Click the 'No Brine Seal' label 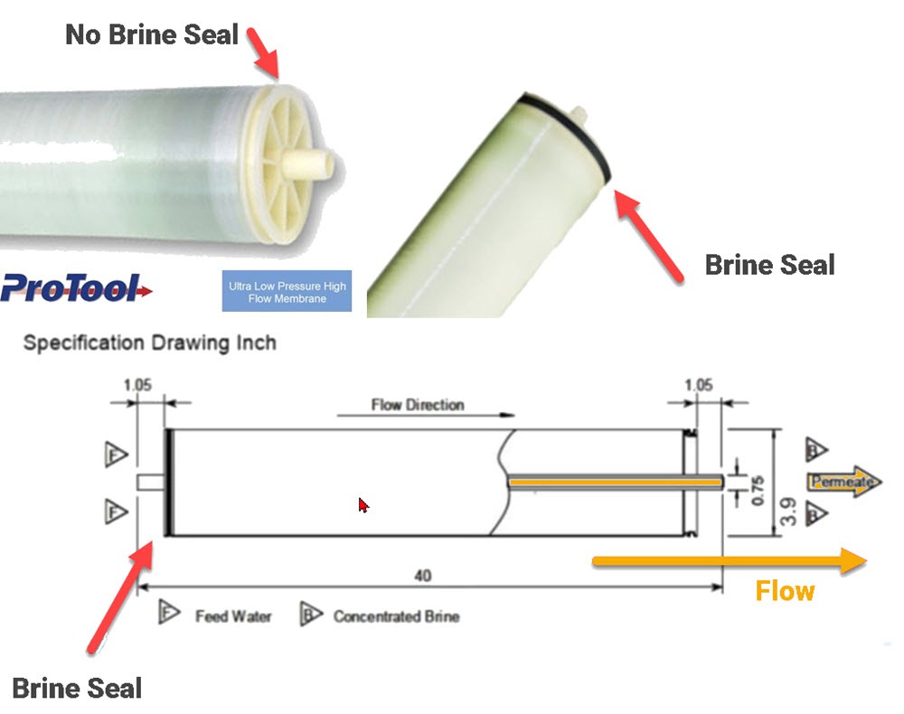[152, 35]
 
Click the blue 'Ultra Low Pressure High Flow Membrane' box [287, 292]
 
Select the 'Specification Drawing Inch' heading [150, 343]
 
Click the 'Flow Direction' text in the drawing [417, 405]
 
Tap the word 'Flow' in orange [785, 591]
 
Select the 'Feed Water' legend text [233, 616]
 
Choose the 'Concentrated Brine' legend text [396, 616]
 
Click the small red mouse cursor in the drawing [363, 504]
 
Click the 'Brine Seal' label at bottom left [77, 689]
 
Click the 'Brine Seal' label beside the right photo [769, 265]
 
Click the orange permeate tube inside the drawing [615, 483]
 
